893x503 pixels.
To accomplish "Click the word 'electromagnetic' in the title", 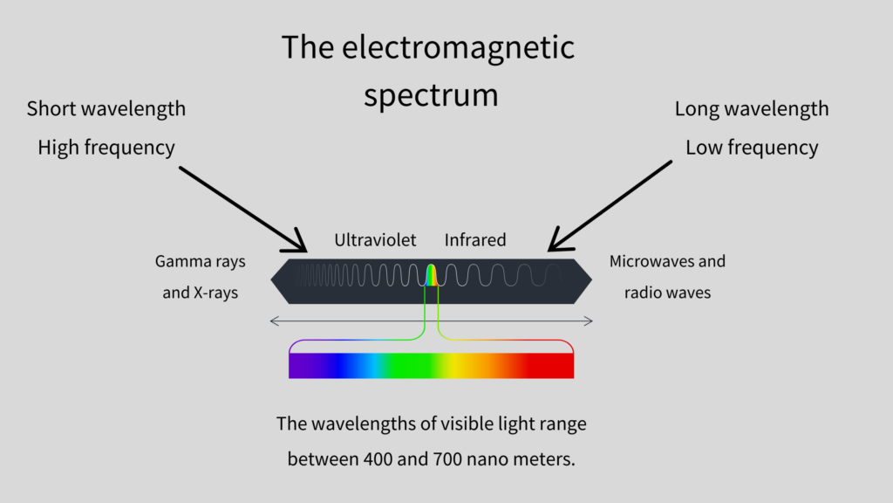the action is (458, 49).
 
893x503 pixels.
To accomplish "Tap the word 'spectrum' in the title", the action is (431, 95).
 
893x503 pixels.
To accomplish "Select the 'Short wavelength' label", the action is (106, 109).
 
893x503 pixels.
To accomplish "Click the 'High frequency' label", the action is (106, 148).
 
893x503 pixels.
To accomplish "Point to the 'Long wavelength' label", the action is (752, 109).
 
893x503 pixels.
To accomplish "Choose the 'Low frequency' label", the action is (752, 148).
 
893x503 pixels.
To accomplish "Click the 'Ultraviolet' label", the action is (375, 240).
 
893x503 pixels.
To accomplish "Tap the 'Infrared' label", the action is (475, 240).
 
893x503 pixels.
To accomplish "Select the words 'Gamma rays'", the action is (201, 262).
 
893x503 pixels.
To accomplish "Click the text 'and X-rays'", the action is (201, 293).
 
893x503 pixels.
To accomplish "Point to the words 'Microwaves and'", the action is (667, 261).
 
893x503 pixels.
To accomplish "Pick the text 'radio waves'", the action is (667, 293).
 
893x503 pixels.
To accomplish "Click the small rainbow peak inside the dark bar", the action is (432, 275).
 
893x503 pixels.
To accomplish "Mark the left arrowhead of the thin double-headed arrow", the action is (274, 321).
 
